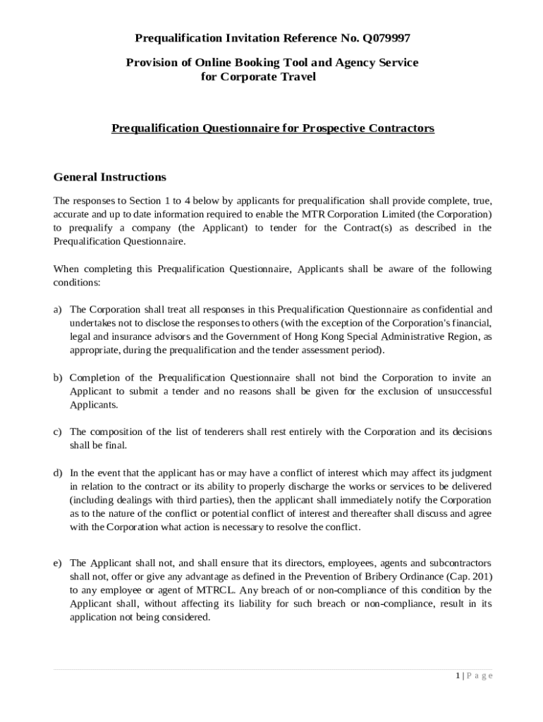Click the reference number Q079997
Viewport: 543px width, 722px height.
click(382, 37)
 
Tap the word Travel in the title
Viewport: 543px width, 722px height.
click(297, 77)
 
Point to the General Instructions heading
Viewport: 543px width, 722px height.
click(109, 177)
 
